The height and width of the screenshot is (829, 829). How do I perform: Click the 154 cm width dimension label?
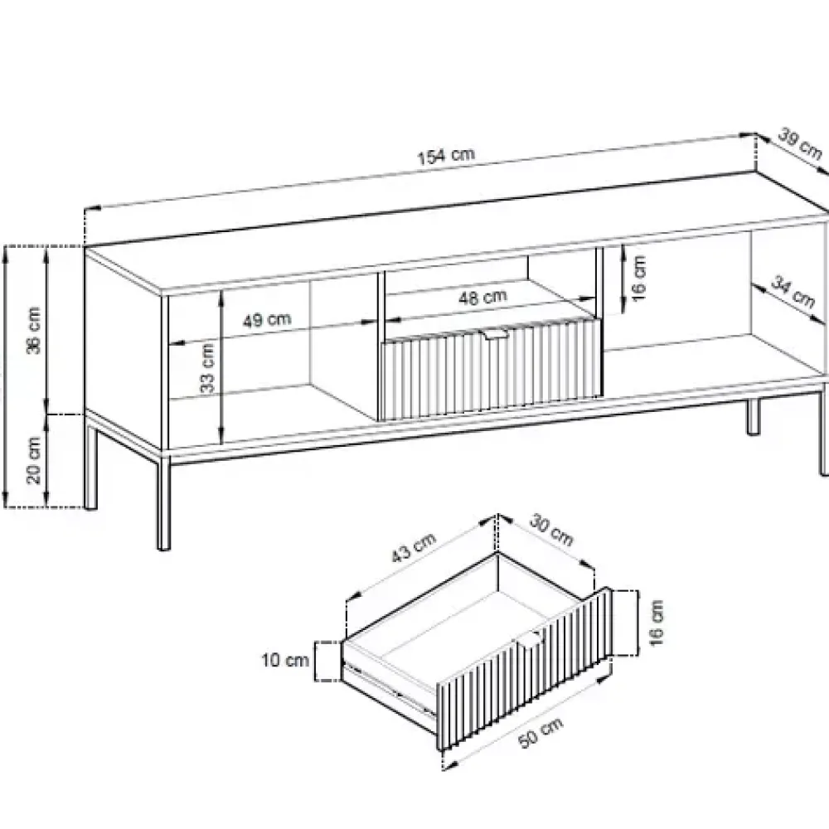[x=446, y=156]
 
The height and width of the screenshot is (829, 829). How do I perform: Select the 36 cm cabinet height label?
[x=33, y=330]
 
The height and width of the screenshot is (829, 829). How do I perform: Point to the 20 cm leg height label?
[x=33, y=460]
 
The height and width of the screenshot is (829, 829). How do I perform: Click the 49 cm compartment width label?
[x=266, y=320]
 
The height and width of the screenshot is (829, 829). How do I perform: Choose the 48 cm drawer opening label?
[x=482, y=297]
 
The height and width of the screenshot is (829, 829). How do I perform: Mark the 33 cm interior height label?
[x=207, y=368]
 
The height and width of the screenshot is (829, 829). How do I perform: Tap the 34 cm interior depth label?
[x=793, y=291]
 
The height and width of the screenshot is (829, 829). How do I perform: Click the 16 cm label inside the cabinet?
[x=638, y=279]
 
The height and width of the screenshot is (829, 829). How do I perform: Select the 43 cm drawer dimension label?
[x=414, y=547]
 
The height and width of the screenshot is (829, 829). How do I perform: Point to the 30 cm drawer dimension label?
[x=551, y=530]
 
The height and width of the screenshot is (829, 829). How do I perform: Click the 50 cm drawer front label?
[x=541, y=733]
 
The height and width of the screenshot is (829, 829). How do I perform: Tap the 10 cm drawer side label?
[x=285, y=661]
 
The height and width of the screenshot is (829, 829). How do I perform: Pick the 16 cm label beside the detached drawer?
[x=656, y=623]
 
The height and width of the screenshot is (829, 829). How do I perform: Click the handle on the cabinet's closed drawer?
[x=494, y=333]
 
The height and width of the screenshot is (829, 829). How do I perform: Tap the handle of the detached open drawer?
[x=529, y=638]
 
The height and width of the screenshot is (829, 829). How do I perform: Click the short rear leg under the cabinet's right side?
[x=753, y=417]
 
